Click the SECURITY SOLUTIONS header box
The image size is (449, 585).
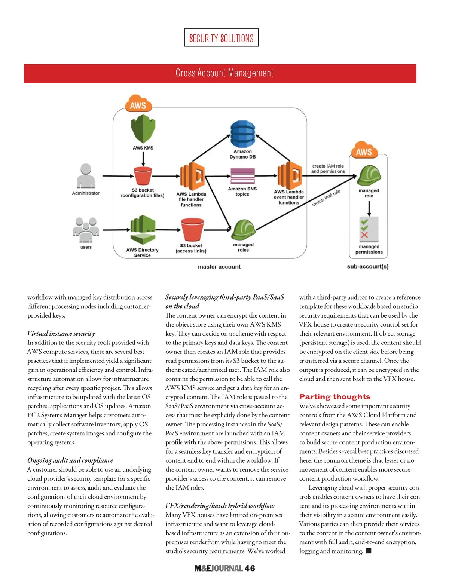pos(221,38)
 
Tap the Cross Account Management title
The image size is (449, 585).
pos(224,73)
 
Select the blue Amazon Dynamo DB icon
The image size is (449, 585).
pos(243,134)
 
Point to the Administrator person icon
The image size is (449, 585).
pos(86,176)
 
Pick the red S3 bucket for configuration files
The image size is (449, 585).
pos(143,176)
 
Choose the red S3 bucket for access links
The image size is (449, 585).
pos(192,230)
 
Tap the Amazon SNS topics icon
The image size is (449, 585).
pos(242,176)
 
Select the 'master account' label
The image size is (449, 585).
pos(219,267)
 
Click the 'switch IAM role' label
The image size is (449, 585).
pos(326,198)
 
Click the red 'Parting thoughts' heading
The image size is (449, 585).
pos(335,397)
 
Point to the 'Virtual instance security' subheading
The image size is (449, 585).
pos(61,333)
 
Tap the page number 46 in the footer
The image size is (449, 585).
pos(250,569)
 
